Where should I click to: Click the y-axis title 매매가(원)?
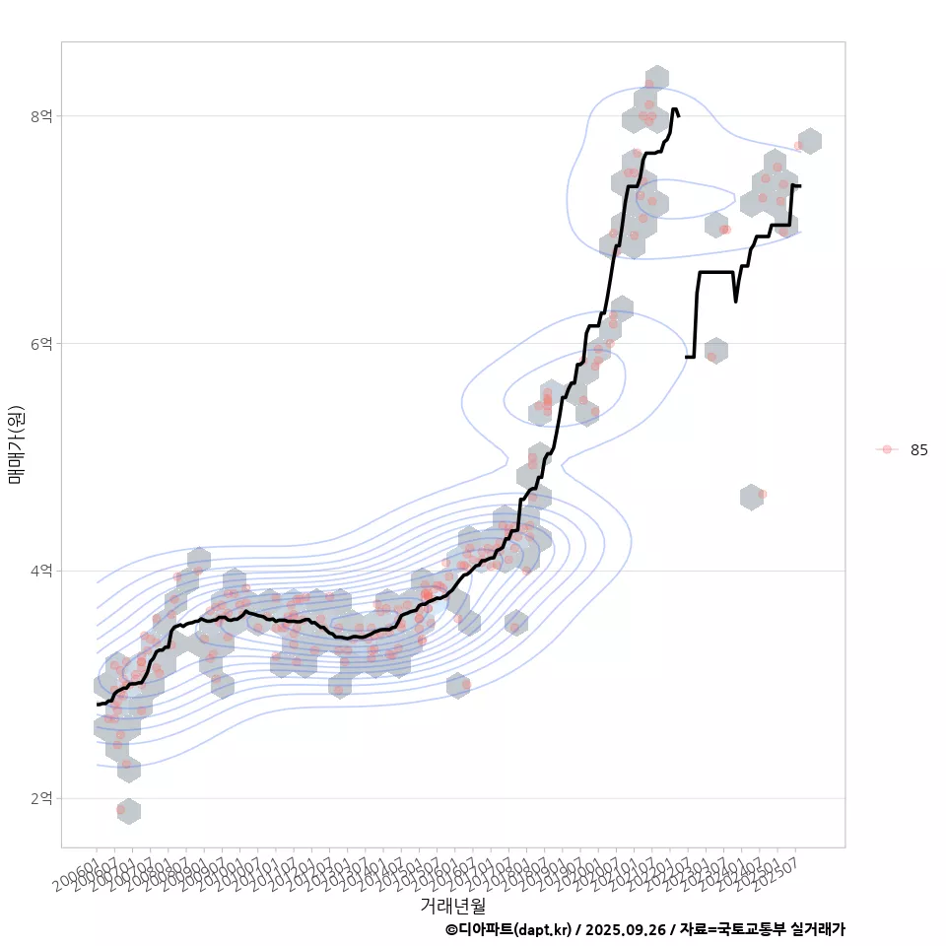[x=16, y=443]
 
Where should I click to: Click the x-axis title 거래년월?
[x=452, y=905]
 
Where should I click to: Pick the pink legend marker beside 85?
[x=887, y=449]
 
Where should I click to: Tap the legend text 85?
[x=919, y=449]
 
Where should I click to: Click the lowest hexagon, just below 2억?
[x=128, y=812]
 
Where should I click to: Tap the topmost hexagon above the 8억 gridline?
[x=657, y=78]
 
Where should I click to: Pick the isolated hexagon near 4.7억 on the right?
[x=751, y=497]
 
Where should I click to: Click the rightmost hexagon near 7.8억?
[x=810, y=140]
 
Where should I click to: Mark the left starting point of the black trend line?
[x=98, y=704]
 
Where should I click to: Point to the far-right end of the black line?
[x=800, y=186]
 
